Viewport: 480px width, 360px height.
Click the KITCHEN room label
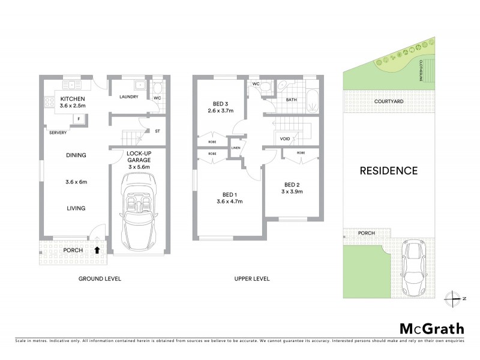tap(73, 98)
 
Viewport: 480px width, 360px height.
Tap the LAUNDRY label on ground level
tap(129, 97)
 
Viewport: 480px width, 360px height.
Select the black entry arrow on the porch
tap(97, 249)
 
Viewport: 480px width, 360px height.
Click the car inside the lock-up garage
tap(139, 211)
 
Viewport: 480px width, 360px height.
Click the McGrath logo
tap(431, 328)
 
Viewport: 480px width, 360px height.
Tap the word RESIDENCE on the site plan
tap(388, 171)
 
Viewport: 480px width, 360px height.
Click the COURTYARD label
tap(388, 102)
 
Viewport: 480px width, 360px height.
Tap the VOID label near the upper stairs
tap(285, 139)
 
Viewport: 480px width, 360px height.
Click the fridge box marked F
tap(79, 119)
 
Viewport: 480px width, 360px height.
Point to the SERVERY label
tap(58, 133)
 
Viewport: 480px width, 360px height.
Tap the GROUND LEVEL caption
tap(100, 279)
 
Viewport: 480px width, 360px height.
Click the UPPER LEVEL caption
tap(251, 279)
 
